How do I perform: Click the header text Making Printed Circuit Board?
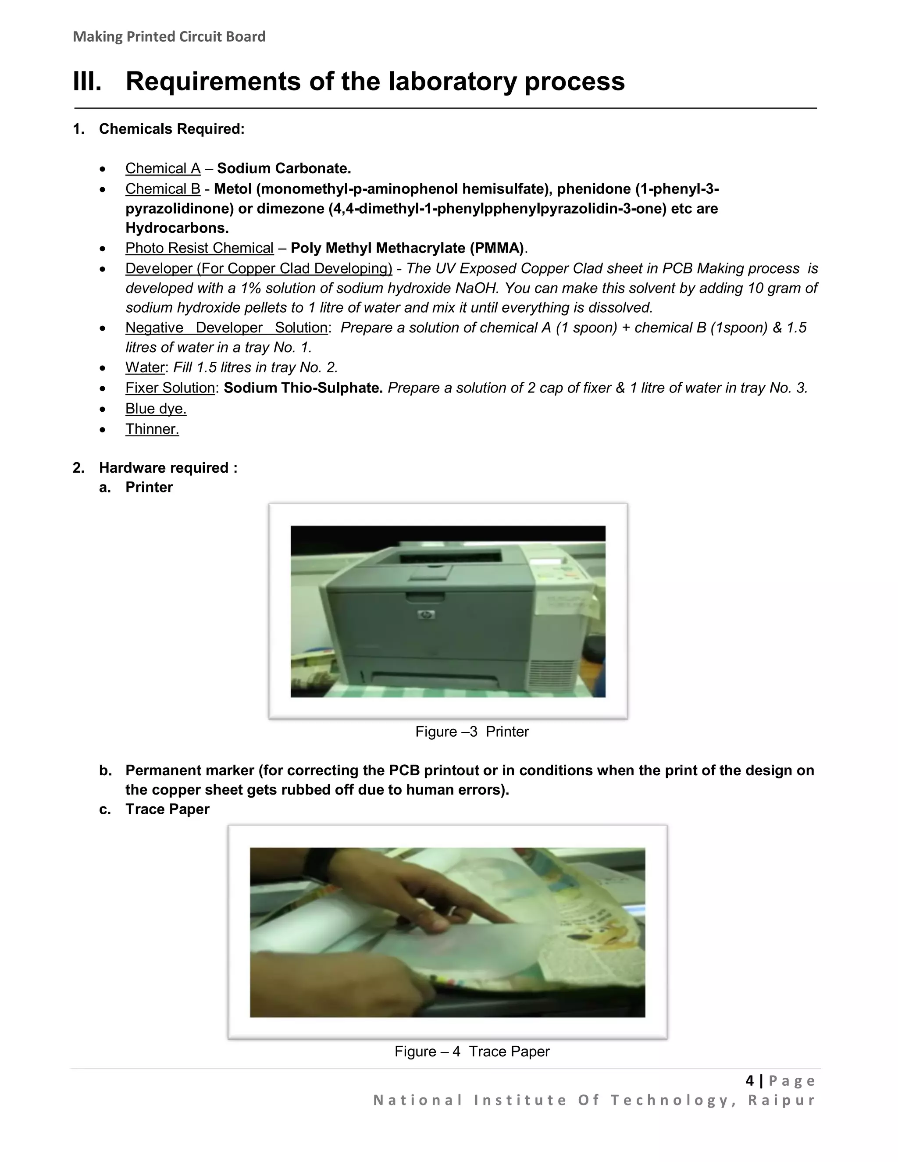coord(169,37)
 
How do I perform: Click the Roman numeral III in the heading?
coord(87,82)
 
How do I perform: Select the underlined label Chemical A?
coord(163,169)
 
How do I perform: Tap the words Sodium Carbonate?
coord(284,169)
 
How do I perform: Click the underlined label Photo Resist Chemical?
coord(199,248)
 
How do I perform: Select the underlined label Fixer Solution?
coord(170,388)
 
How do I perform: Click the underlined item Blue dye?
coord(156,409)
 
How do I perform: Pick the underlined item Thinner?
coord(152,429)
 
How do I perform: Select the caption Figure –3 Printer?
coord(471,731)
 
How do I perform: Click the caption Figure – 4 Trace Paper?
coord(471,1052)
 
